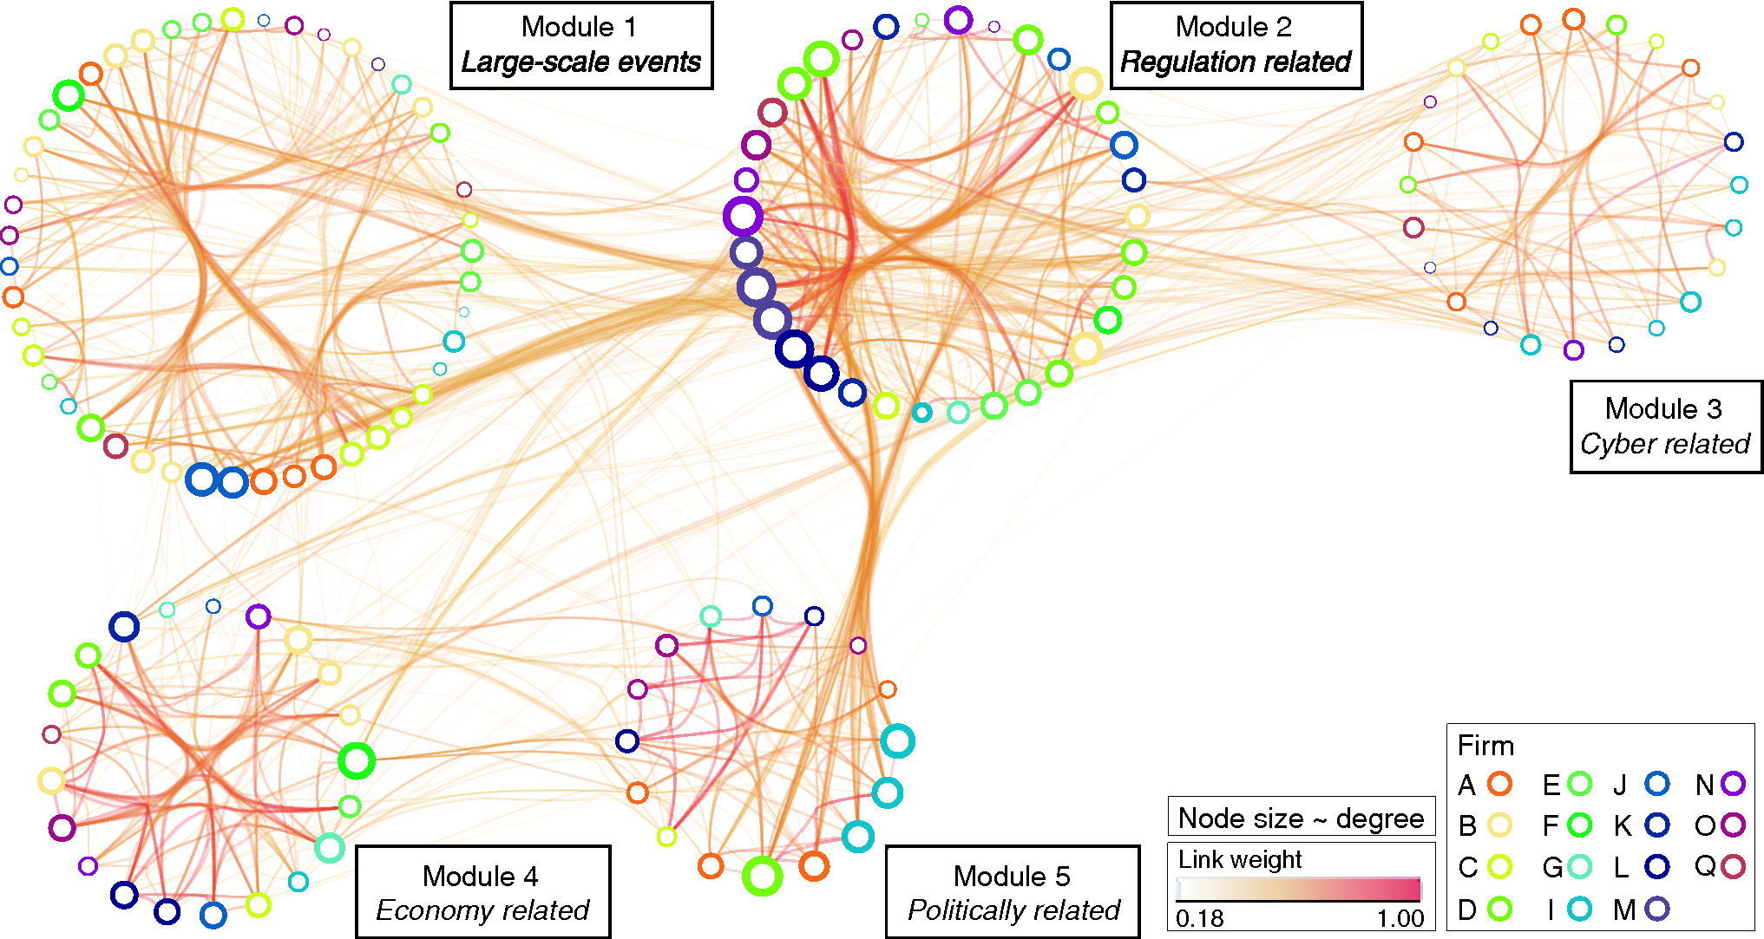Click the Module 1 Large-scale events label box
pos(580,45)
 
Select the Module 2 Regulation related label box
pos(1236,45)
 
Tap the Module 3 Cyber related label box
pos(1665,427)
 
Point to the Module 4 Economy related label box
pos(482,892)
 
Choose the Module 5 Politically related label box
pos(1012,892)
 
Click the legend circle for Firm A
pos(1499,784)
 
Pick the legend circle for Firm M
pos(1657,909)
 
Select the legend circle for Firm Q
pos(1733,866)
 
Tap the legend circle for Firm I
pos(1580,909)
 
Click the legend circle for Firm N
pos(1733,784)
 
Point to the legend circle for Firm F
pos(1580,825)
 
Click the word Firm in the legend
pos(1485,746)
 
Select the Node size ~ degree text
pos(1301,818)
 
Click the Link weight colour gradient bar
pos(1299,889)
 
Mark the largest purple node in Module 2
pos(743,217)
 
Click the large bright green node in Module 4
pos(356,760)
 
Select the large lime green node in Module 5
pos(762,876)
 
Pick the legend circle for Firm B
pos(1499,825)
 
